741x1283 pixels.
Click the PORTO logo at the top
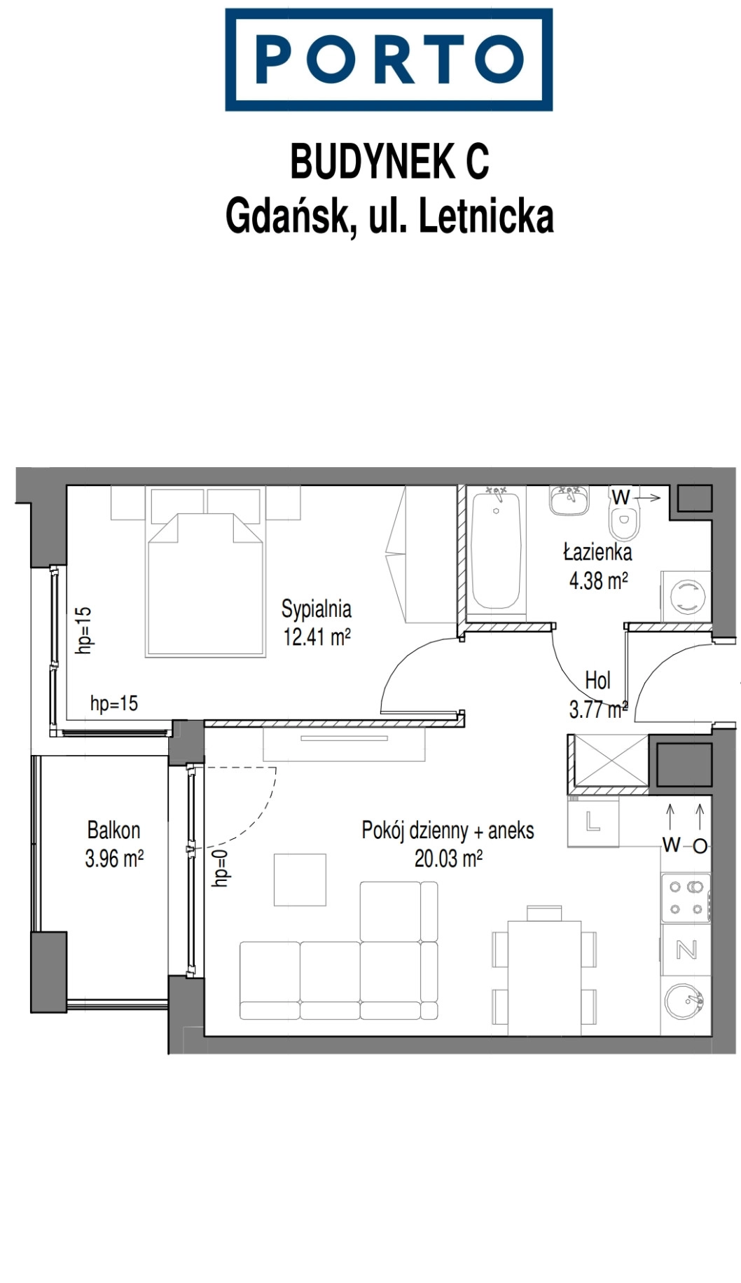(389, 60)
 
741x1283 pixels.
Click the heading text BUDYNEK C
(389, 162)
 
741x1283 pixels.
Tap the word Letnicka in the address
(486, 216)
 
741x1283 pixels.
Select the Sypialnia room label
(317, 609)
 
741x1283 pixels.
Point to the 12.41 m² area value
(317, 637)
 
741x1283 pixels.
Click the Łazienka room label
(598, 552)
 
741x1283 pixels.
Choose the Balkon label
(113, 830)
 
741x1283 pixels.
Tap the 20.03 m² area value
(448, 859)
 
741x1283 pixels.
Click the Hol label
(597, 680)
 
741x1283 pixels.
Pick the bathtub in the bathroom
(496, 550)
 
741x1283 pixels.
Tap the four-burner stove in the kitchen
(686, 898)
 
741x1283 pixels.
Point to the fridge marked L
(593, 821)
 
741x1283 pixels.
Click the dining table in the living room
(544, 978)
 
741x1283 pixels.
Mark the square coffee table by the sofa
(300, 880)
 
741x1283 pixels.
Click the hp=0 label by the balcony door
(221, 868)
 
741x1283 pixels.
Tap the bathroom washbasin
(569, 500)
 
